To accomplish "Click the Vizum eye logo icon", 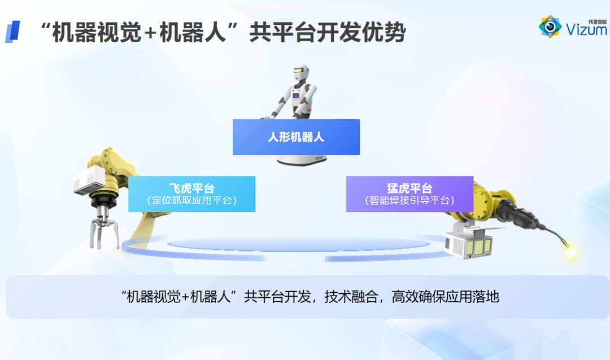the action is [550, 27].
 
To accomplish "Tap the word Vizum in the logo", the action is [586, 29].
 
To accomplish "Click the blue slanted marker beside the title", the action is [12, 32].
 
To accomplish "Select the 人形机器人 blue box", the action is [296, 137].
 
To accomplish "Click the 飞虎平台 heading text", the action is [192, 188].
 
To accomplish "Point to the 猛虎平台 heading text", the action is [409, 188].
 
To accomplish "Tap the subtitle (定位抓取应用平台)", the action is [192, 201].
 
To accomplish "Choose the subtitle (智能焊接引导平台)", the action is [409, 201].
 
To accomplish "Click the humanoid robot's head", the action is [301, 73].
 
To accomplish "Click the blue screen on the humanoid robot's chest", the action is [296, 96].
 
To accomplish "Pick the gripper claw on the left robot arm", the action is [104, 232].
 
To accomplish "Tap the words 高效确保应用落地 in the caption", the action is [445, 297].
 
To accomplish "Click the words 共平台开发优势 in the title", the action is [328, 32].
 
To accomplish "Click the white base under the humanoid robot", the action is [302, 160].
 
